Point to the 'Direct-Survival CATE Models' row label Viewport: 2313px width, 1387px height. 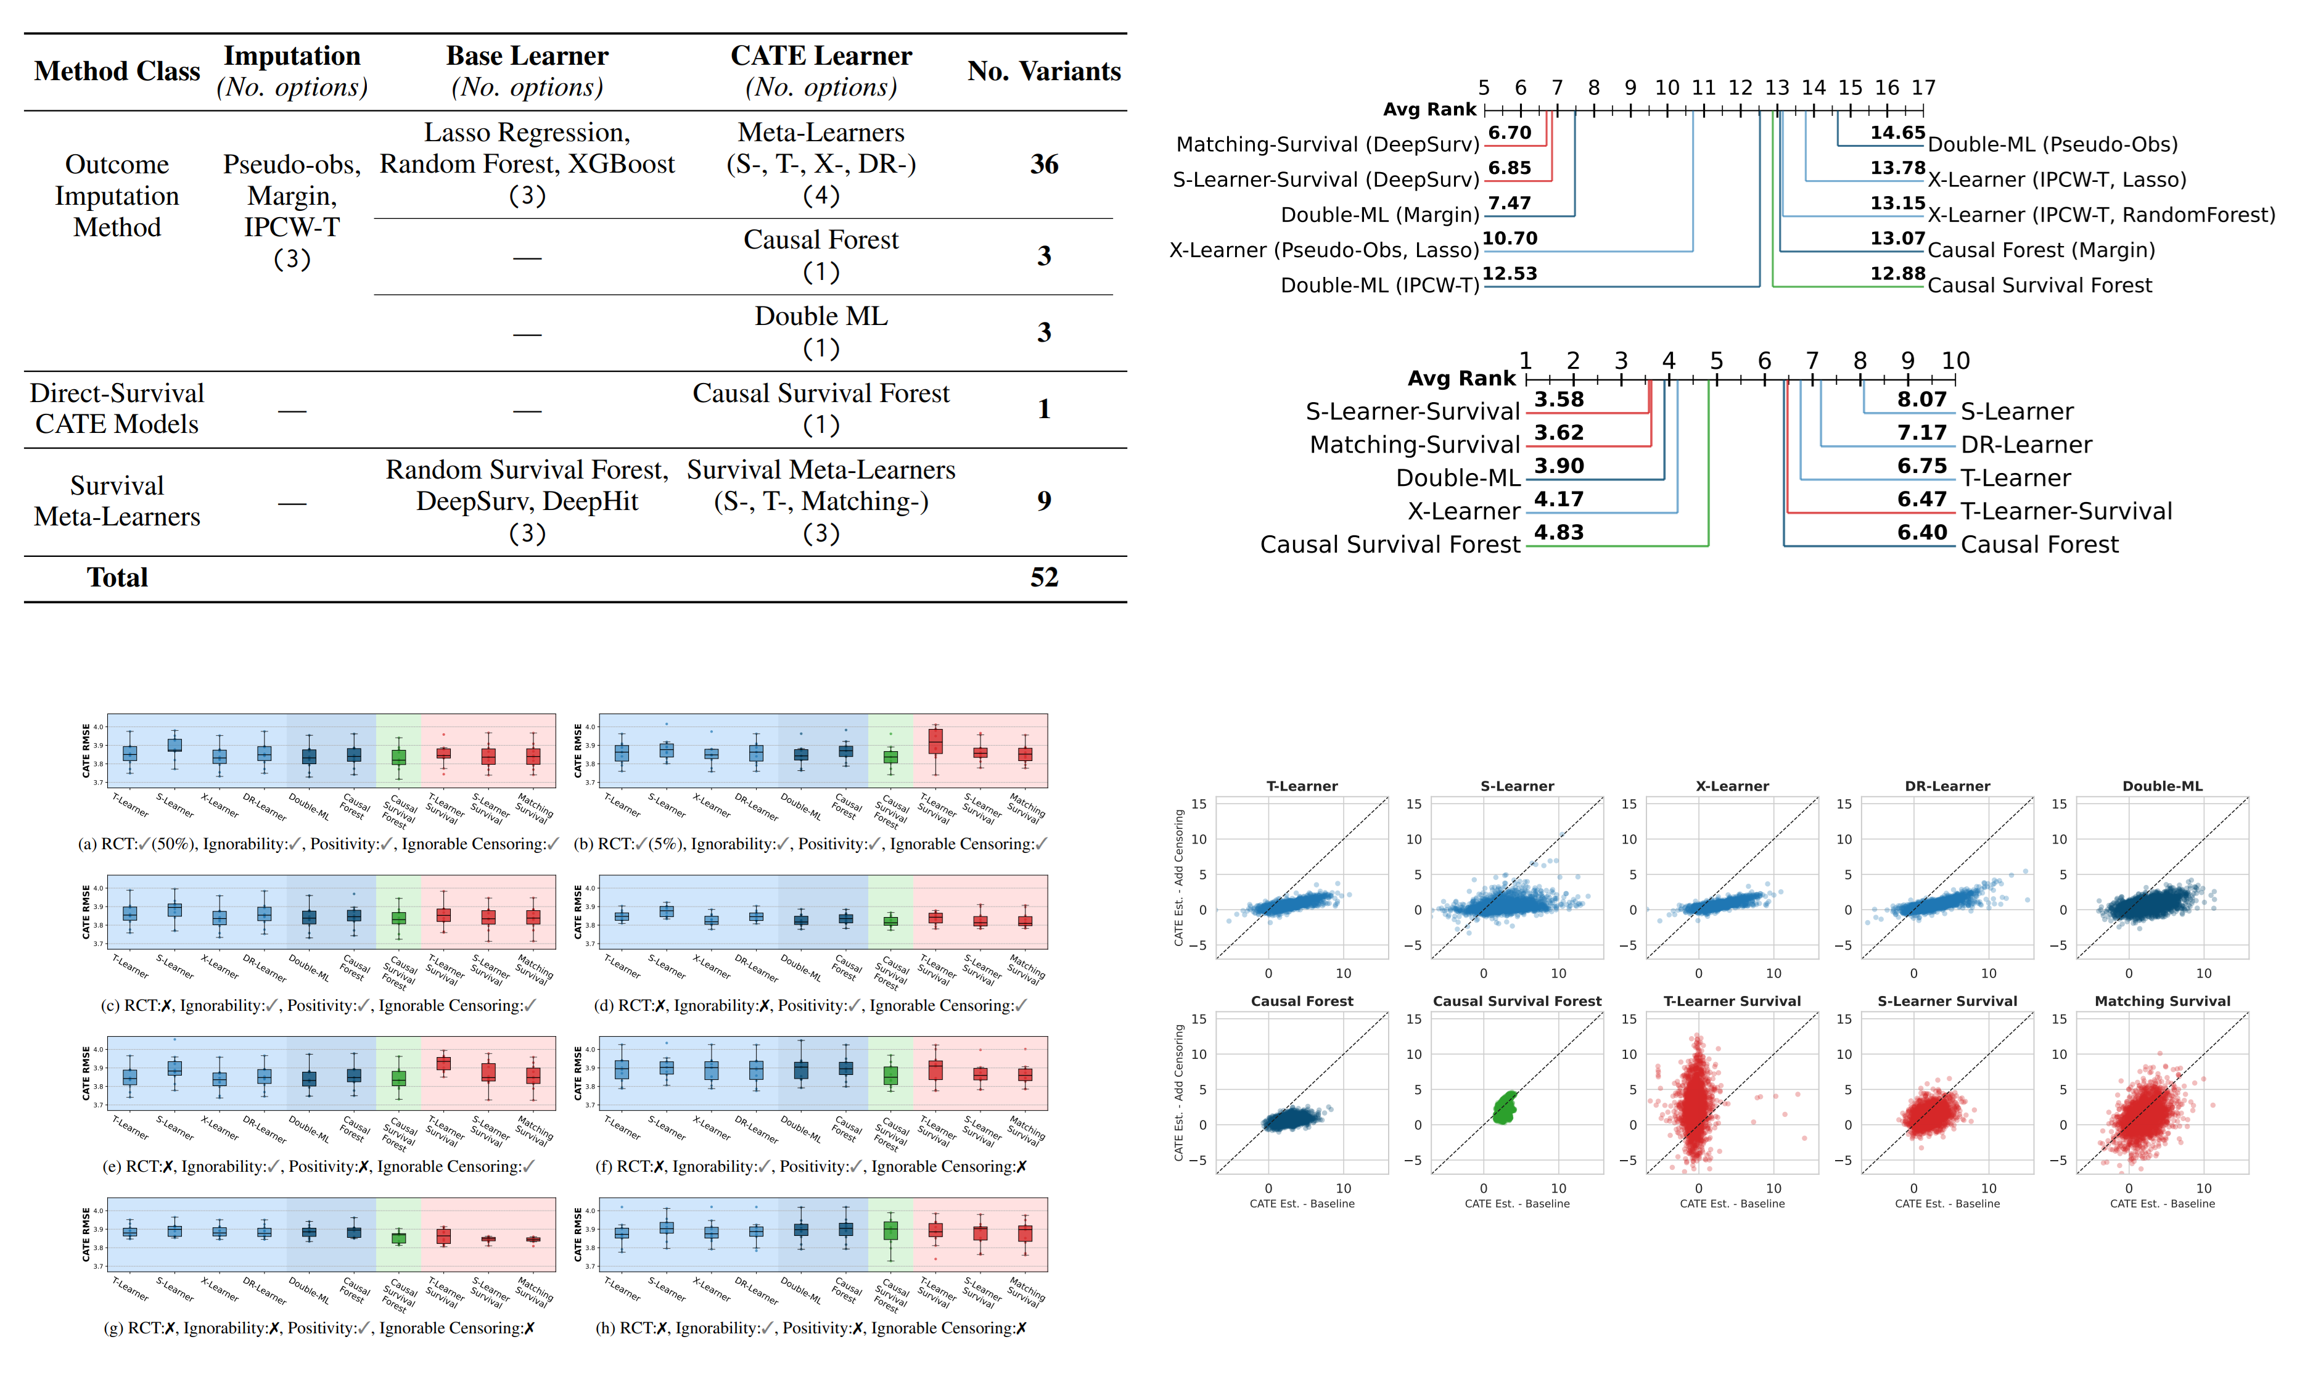pyautogui.click(x=117, y=408)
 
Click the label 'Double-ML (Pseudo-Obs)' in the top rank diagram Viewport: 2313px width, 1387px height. pyautogui.click(x=2052, y=144)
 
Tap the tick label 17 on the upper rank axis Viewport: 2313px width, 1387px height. pyautogui.click(x=1922, y=87)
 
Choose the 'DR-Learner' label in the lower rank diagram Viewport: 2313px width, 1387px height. pyautogui.click(x=2025, y=445)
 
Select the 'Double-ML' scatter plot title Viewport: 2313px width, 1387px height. pyautogui.click(x=2161, y=786)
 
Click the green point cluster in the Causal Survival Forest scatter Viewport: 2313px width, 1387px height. pyautogui.click(x=1504, y=1108)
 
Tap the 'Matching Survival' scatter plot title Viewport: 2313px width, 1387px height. pyautogui.click(x=2161, y=1001)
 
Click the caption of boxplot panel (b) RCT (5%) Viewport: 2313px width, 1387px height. pyautogui.click(x=809, y=844)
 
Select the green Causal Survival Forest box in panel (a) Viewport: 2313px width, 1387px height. pyautogui.click(x=398, y=757)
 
